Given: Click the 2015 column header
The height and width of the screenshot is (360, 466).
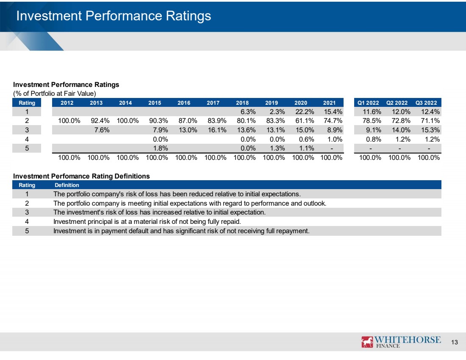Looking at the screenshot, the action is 155,103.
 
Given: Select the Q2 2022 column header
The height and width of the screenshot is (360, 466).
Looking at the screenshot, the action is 397,103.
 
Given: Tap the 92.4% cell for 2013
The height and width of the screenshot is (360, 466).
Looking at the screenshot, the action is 100,121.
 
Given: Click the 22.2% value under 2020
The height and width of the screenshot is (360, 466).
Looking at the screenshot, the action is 305,112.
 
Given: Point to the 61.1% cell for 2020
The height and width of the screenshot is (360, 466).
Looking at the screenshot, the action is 305,121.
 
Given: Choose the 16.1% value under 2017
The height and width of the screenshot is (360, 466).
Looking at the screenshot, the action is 217,130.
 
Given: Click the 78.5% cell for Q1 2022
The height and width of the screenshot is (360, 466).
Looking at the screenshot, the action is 372,121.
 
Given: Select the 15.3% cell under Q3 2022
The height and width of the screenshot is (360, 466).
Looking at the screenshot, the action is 430,130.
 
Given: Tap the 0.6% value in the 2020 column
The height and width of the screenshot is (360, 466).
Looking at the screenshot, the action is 306,139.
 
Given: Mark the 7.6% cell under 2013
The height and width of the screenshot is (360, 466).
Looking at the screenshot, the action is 102,130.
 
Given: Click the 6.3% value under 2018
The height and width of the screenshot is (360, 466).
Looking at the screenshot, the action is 248,112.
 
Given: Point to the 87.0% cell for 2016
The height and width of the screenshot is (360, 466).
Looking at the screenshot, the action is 188,121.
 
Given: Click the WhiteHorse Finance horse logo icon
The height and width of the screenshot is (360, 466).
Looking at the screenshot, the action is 367,342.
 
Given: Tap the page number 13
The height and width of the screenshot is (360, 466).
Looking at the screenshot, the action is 455,342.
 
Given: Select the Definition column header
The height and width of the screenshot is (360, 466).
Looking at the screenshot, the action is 67,185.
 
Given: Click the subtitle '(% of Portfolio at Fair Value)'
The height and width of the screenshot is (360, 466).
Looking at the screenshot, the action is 54,93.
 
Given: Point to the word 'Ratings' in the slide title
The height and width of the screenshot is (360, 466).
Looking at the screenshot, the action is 189,16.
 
